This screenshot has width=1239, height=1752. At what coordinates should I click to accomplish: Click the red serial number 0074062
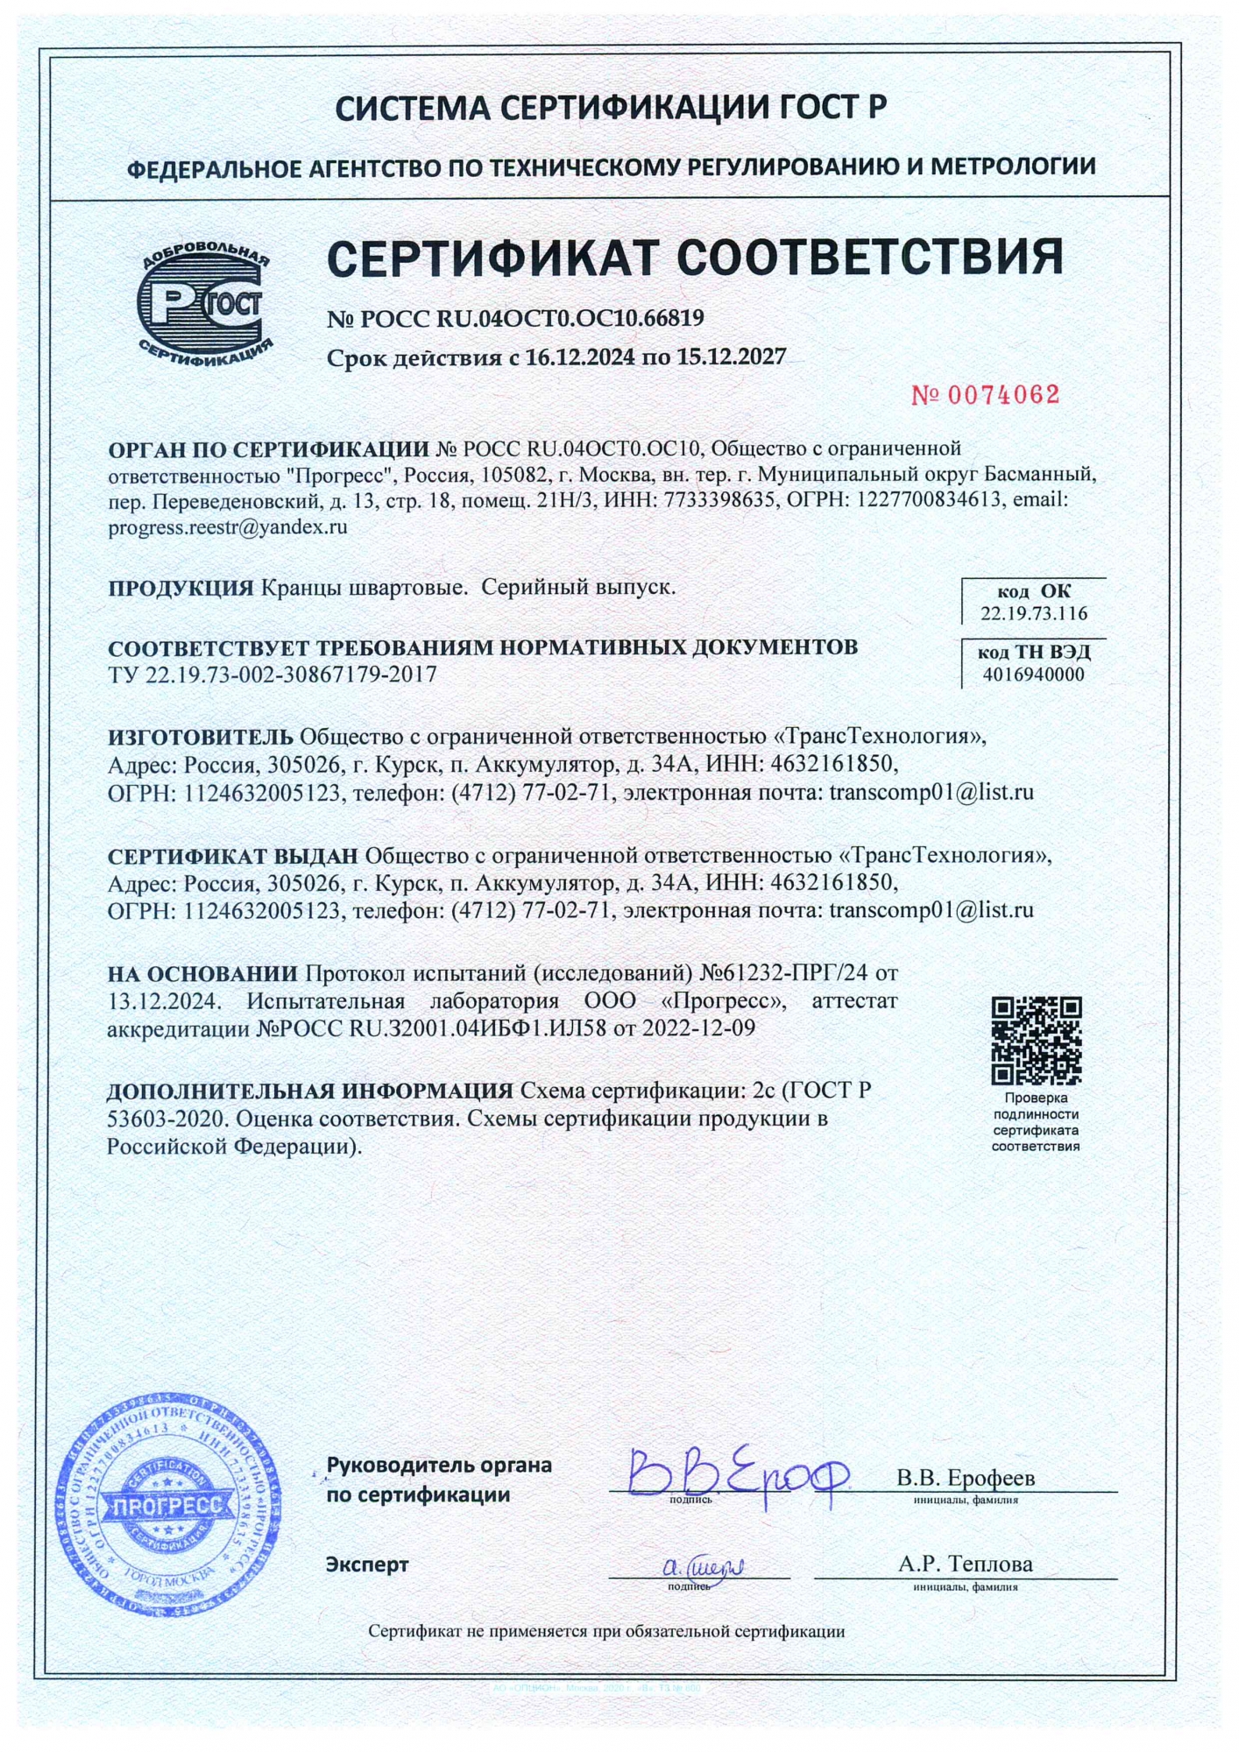coord(986,395)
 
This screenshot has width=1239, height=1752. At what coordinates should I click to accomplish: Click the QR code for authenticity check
coord(1036,1041)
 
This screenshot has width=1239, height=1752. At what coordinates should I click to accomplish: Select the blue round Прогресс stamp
coord(168,1505)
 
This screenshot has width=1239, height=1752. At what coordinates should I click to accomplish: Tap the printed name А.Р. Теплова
coord(965,1564)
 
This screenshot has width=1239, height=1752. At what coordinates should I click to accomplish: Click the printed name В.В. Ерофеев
coord(965,1478)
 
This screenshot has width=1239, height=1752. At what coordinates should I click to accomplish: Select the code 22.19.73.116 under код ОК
coord(1034,613)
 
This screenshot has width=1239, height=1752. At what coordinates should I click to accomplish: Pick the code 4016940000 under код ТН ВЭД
coord(1034,675)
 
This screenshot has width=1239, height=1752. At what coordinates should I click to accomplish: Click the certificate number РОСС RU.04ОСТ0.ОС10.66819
coord(531,318)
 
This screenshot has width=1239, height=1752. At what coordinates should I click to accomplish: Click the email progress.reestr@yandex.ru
coord(228,527)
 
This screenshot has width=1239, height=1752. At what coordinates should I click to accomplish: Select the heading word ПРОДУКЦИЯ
coord(181,588)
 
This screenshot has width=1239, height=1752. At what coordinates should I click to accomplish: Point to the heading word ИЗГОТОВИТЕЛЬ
coord(201,737)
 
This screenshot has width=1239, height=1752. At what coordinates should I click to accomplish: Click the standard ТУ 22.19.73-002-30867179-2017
coord(272,675)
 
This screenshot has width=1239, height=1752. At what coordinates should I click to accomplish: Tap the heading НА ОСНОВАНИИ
coord(202,973)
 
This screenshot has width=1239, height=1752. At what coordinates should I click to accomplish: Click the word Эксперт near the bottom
coord(366,1564)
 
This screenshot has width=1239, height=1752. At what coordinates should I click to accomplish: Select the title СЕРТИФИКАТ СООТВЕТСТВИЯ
coord(694,258)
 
